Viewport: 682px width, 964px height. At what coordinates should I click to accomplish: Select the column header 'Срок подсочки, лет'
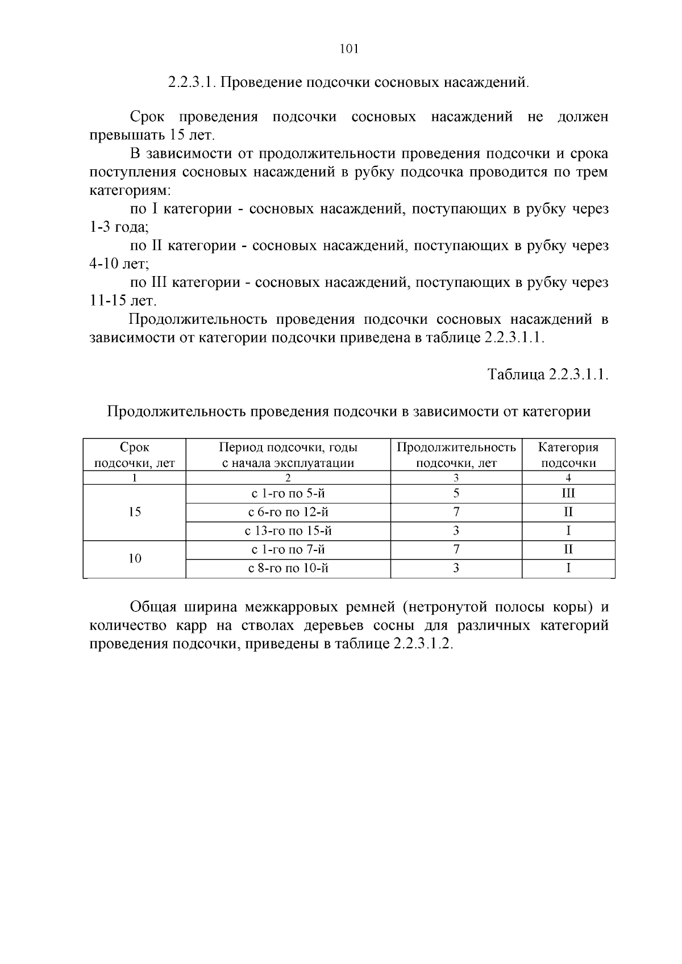point(135,455)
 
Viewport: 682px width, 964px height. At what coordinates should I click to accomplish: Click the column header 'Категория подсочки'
point(568,455)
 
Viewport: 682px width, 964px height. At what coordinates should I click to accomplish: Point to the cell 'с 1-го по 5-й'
point(288,494)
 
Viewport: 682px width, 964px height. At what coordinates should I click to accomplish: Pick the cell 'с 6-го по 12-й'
point(288,512)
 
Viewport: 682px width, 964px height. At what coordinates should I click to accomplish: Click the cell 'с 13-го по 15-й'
point(288,531)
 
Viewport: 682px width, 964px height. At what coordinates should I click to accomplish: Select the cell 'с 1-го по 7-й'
point(288,550)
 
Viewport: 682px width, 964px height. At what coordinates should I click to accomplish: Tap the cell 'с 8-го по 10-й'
point(288,568)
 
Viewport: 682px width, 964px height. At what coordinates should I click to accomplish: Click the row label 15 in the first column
point(135,512)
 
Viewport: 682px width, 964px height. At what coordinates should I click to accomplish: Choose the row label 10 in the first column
point(135,559)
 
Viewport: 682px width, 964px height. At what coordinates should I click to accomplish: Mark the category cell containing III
point(568,494)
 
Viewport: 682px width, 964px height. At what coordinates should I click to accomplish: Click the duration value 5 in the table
point(456,494)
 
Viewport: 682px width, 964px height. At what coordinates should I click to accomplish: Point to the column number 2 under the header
point(288,478)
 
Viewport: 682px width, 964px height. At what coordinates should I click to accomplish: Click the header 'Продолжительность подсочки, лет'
point(456,455)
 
